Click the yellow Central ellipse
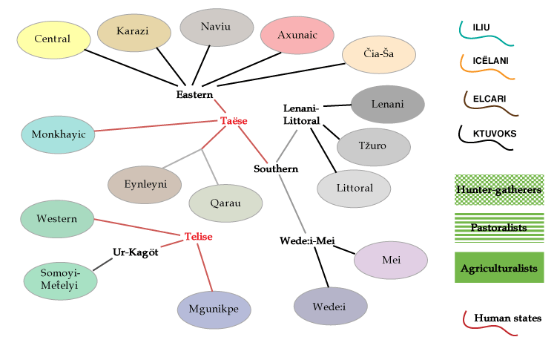click(53, 39)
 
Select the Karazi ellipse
click(134, 32)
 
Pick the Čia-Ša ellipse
click(379, 56)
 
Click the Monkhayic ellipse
click(58, 135)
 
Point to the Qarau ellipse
click(225, 203)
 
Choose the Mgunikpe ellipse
click(214, 310)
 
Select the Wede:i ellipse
click(330, 306)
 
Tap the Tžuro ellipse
click(373, 147)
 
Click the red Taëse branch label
click(234, 120)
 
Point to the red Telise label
click(198, 237)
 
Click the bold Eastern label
click(194, 94)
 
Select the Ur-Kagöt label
click(136, 252)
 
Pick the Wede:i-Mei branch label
click(309, 240)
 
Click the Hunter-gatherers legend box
click(499, 189)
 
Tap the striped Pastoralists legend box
click(499, 227)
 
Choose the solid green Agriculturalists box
click(499, 267)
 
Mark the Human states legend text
click(507, 318)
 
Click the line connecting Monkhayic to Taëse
click(156, 126)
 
